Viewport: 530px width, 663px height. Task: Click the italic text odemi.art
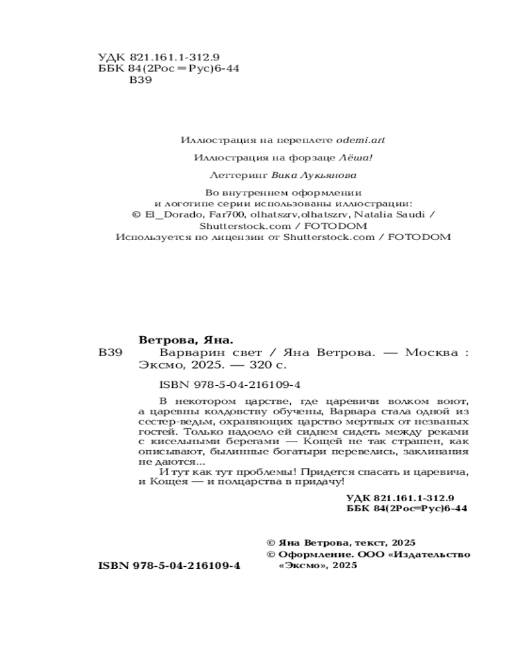(360, 141)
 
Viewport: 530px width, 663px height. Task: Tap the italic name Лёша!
(360, 158)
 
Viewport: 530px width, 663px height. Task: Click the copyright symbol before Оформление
(270, 554)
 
